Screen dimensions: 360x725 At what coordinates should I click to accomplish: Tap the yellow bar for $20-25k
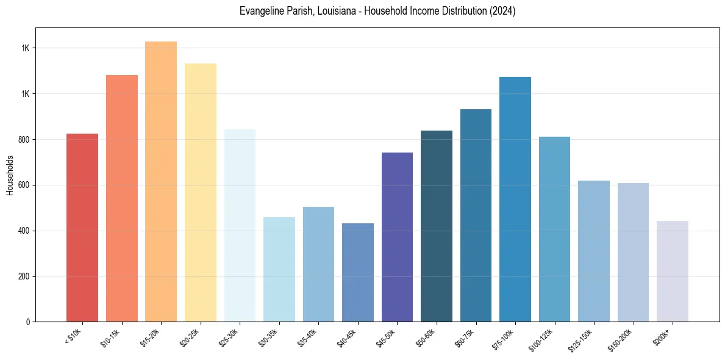pyautogui.click(x=200, y=192)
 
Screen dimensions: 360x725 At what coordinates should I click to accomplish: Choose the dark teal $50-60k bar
pyautogui.click(x=436, y=226)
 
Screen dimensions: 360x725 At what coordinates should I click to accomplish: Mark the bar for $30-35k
pyautogui.click(x=279, y=269)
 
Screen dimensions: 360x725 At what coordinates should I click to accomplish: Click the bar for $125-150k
pyautogui.click(x=593, y=251)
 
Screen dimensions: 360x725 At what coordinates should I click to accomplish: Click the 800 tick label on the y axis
pyautogui.click(x=23, y=140)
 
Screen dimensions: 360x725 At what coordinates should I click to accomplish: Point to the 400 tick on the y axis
pyautogui.click(x=23, y=231)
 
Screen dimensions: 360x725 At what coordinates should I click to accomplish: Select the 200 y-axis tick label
pyautogui.click(x=23, y=277)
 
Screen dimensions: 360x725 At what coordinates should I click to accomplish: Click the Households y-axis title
pyautogui.click(x=10, y=175)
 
